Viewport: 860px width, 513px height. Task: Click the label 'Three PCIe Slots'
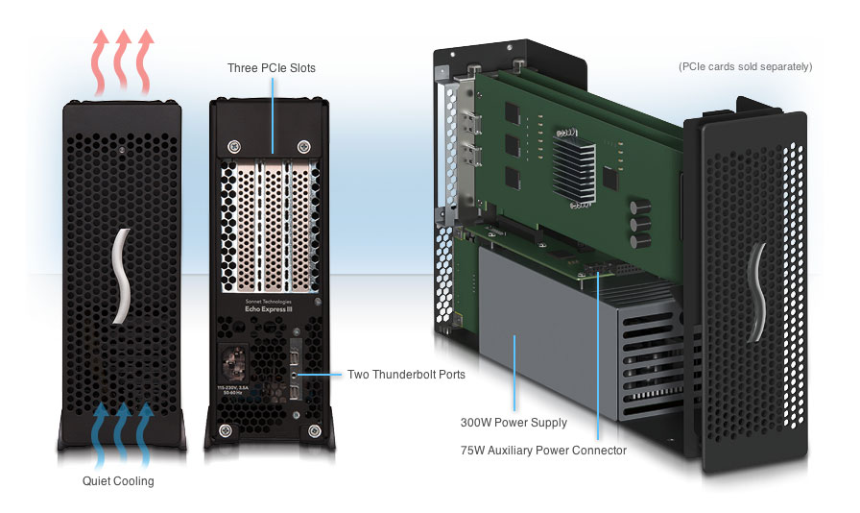click(271, 68)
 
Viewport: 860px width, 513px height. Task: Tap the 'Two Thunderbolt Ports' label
click(406, 375)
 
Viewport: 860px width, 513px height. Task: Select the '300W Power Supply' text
click(513, 422)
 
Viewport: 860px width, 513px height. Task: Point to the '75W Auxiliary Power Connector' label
click(543, 450)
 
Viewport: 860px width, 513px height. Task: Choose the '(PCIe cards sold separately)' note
click(745, 67)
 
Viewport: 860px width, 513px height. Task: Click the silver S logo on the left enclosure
click(121, 278)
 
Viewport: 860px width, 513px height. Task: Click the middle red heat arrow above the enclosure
click(122, 58)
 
